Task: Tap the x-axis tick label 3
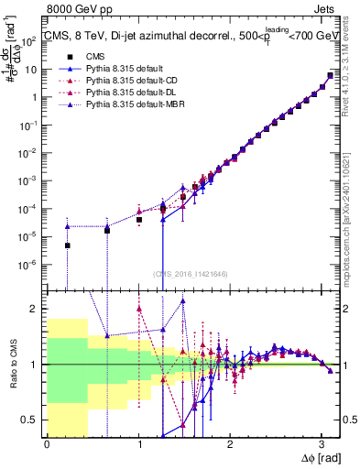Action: click(x=322, y=444)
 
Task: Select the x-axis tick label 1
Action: click(x=138, y=444)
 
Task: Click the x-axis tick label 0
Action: click(x=47, y=444)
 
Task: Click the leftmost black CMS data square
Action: click(x=67, y=245)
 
